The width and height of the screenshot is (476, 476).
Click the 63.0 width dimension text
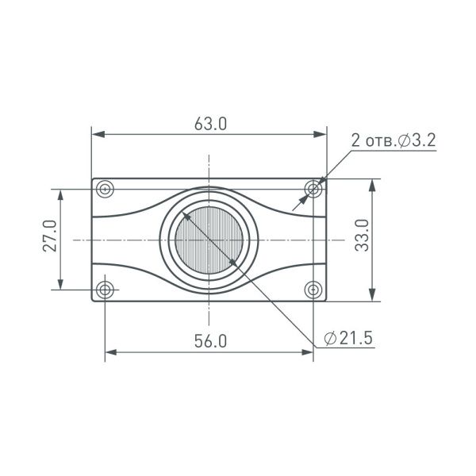coord(210,125)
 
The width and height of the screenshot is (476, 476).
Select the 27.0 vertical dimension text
coord(49,237)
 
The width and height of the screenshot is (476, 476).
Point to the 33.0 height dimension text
coord(362,236)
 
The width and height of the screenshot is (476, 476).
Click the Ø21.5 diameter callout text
coord(348,338)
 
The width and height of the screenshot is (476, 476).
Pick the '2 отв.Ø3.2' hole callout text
coord(393,140)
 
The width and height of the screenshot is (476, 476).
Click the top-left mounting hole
coord(106,189)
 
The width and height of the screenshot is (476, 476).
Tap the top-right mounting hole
coord(314,189)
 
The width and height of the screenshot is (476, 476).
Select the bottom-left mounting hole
coord(106,289)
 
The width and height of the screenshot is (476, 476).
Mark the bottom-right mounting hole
coord(314,289)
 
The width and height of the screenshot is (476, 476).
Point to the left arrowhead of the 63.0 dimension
coord(98,134)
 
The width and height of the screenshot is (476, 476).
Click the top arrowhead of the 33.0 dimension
coord(373,184)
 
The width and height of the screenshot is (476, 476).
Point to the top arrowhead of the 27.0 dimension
coord(60,194)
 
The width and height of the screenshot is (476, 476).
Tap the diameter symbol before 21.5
coord(329,338)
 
